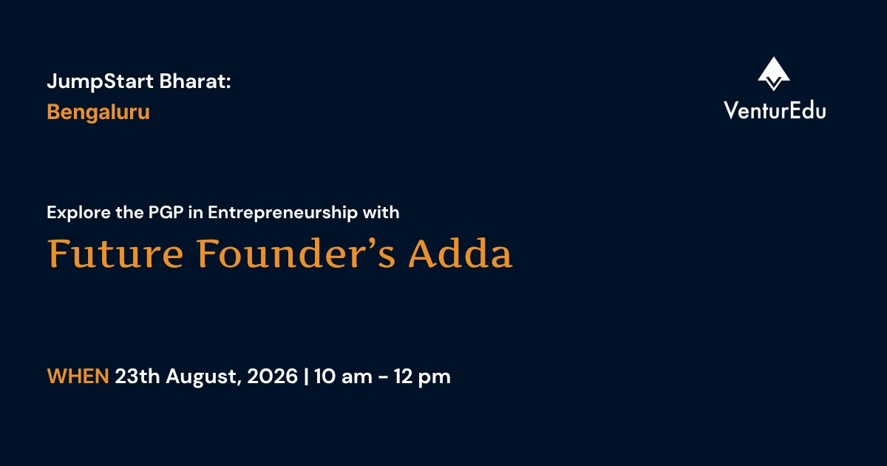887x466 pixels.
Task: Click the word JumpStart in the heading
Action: (101, 82)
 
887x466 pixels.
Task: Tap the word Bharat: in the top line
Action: (195, 81)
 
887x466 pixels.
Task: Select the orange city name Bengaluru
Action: (98, 112)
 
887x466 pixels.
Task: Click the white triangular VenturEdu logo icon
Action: (774, 74)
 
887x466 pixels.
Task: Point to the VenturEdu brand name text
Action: (775, 110)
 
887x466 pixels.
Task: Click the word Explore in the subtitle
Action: (79, 213)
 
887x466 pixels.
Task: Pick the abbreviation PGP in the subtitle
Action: (166, 212)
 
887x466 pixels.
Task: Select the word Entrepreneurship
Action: (282, 213)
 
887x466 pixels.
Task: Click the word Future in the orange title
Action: (115, 254)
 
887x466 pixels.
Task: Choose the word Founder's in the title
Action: (296, 254)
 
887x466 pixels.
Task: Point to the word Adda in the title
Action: (461, 254)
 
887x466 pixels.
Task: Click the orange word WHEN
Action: (78, 376)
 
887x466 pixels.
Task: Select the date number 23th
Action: (137, 376)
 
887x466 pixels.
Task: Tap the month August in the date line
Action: (204, 377)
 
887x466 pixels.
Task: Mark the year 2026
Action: (273, 376)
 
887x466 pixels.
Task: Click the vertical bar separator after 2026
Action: (306, 376)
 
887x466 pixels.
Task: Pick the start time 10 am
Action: (343, 376)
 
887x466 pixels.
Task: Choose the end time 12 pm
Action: (422, 377)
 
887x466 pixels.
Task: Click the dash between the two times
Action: (383, 377)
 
